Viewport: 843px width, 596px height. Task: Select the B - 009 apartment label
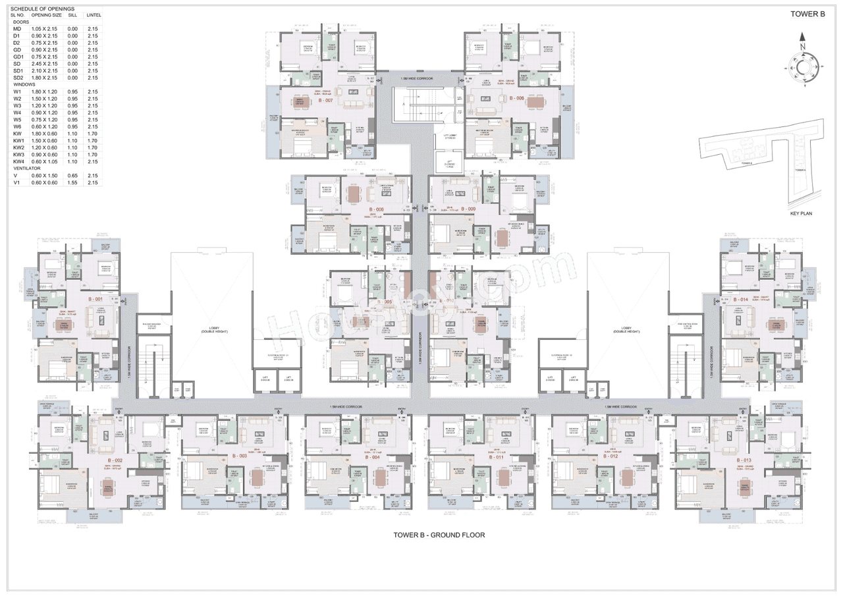(468, 209)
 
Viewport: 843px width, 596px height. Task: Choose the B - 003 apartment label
(239, 456)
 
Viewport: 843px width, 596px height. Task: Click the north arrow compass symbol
(803, 67)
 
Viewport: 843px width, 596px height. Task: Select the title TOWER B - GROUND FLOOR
(439, 535)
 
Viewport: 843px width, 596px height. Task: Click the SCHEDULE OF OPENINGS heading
(41, 9)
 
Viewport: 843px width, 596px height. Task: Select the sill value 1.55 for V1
(72, 182)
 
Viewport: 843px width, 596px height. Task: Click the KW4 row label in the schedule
(18, 161)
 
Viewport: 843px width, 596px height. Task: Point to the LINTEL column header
(93, 14)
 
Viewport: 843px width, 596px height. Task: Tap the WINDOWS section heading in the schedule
(24, 85)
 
